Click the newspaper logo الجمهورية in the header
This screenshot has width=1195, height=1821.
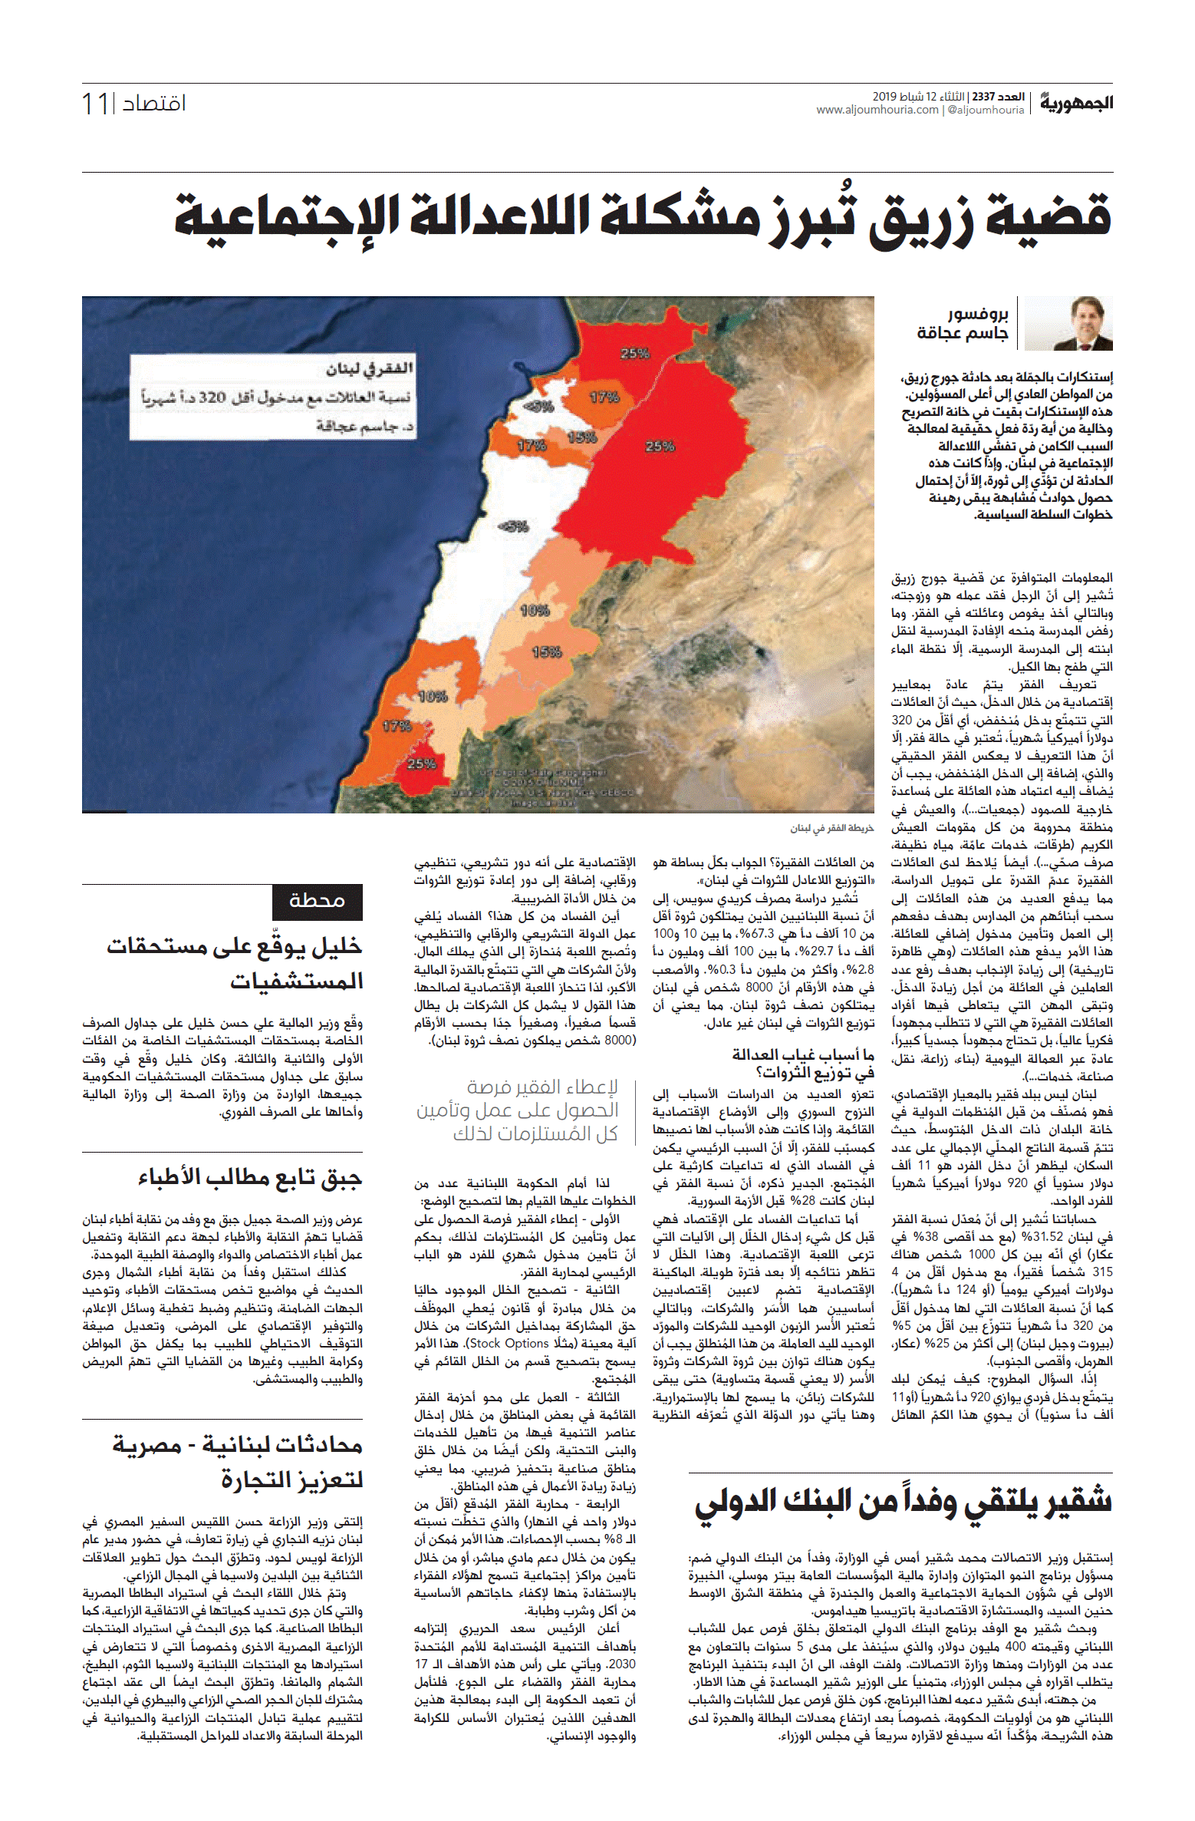(1076, 102)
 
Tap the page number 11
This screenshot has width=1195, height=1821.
(96, 104)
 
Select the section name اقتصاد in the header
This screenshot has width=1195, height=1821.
(154, 103)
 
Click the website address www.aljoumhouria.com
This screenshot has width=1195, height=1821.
(877, 110)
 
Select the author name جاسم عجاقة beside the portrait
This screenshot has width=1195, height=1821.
(963, 333)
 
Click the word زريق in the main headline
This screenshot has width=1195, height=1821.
(921, 217)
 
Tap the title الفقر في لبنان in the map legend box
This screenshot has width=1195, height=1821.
(369, 369)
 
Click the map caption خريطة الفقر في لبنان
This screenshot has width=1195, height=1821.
(832, 828)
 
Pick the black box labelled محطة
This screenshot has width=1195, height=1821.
(317, 901)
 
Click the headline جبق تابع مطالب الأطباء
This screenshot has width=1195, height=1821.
(250, 1178)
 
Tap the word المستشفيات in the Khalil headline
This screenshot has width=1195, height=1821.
(296, 981)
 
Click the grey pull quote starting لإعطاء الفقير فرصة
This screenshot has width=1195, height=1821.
(518, 1110)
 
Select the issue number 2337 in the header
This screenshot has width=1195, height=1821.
(983, 97)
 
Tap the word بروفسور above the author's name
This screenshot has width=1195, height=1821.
(978, 314)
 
